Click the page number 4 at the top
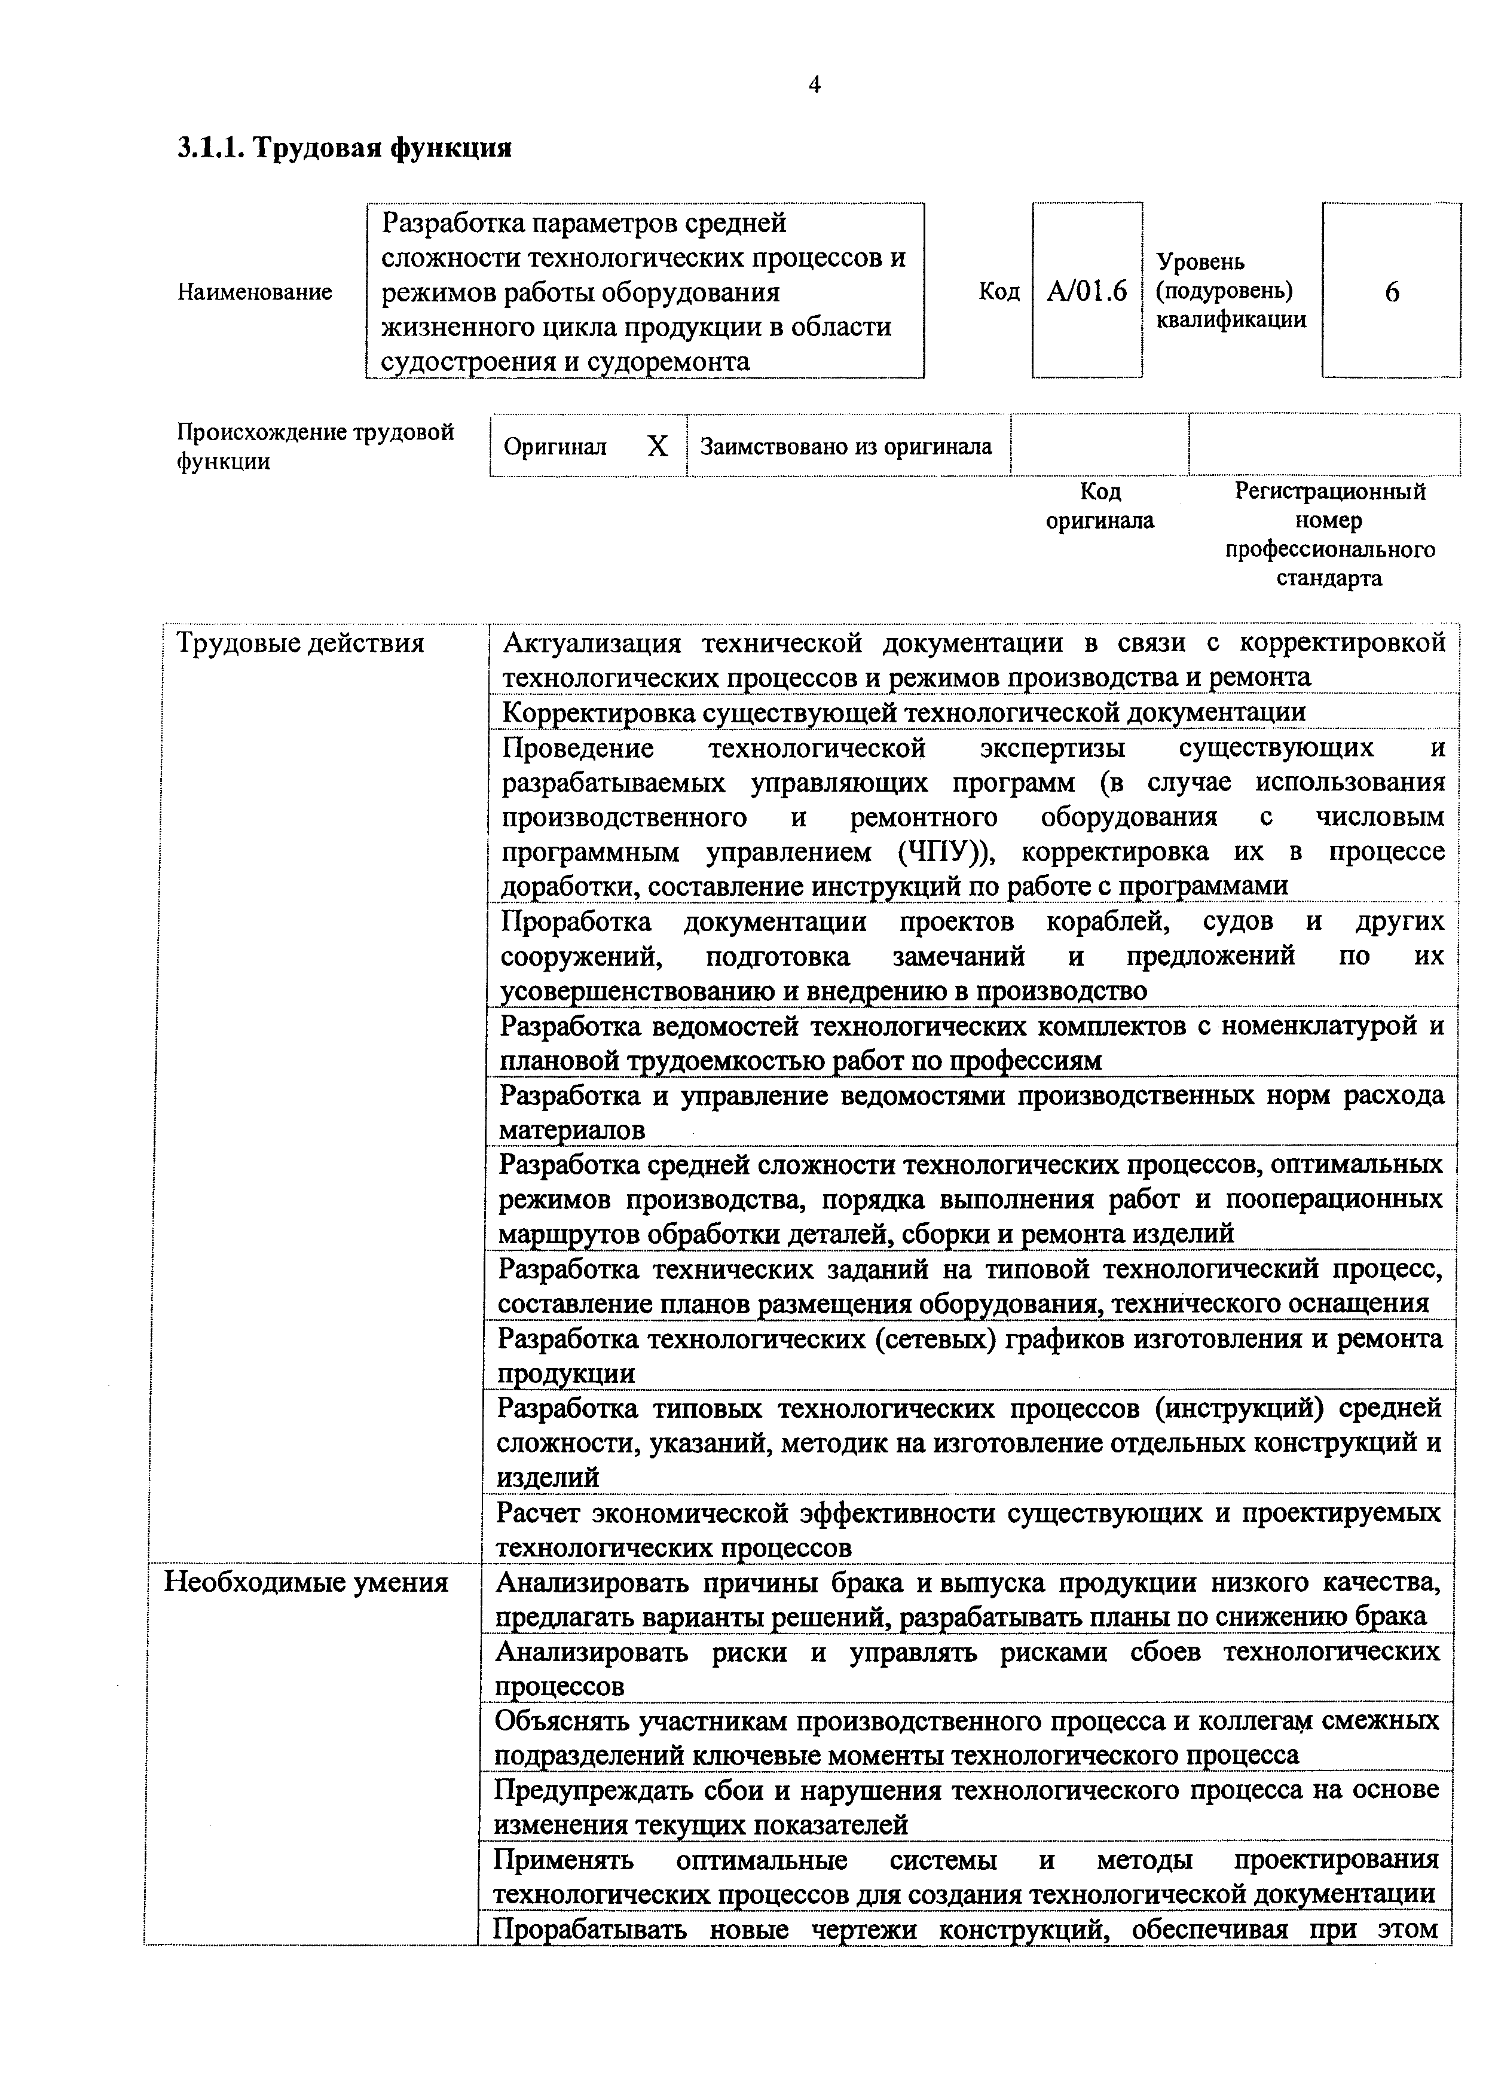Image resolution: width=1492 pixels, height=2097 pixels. point(814,86)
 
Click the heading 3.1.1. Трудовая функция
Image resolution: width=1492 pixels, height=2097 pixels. point(344,148)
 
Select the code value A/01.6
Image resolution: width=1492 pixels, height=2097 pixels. point(1087,292)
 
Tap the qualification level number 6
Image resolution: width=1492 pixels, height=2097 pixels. point(1391,292)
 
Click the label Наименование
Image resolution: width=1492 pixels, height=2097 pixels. point(255,293)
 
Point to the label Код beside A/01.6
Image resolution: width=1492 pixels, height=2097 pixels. point(999,292)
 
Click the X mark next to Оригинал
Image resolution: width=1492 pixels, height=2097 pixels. point(658,447)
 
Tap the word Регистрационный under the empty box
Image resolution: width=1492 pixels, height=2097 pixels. point(1329,492)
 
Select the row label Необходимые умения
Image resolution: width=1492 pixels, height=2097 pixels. point(306,1582)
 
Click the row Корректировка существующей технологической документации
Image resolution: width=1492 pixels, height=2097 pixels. point(903,712)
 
